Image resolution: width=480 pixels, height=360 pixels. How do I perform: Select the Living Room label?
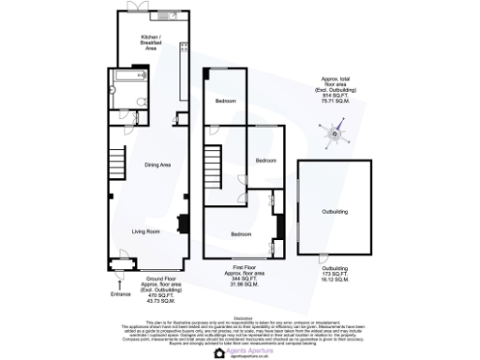point(145,231)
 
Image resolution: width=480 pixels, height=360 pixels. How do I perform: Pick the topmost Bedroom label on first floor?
point(225,100)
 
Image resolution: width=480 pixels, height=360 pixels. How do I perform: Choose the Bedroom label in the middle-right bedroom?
point(265,159)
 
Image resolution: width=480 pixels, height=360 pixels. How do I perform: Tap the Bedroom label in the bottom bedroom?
point(241,232)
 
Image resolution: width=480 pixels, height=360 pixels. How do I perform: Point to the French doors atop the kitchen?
point(137,9)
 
